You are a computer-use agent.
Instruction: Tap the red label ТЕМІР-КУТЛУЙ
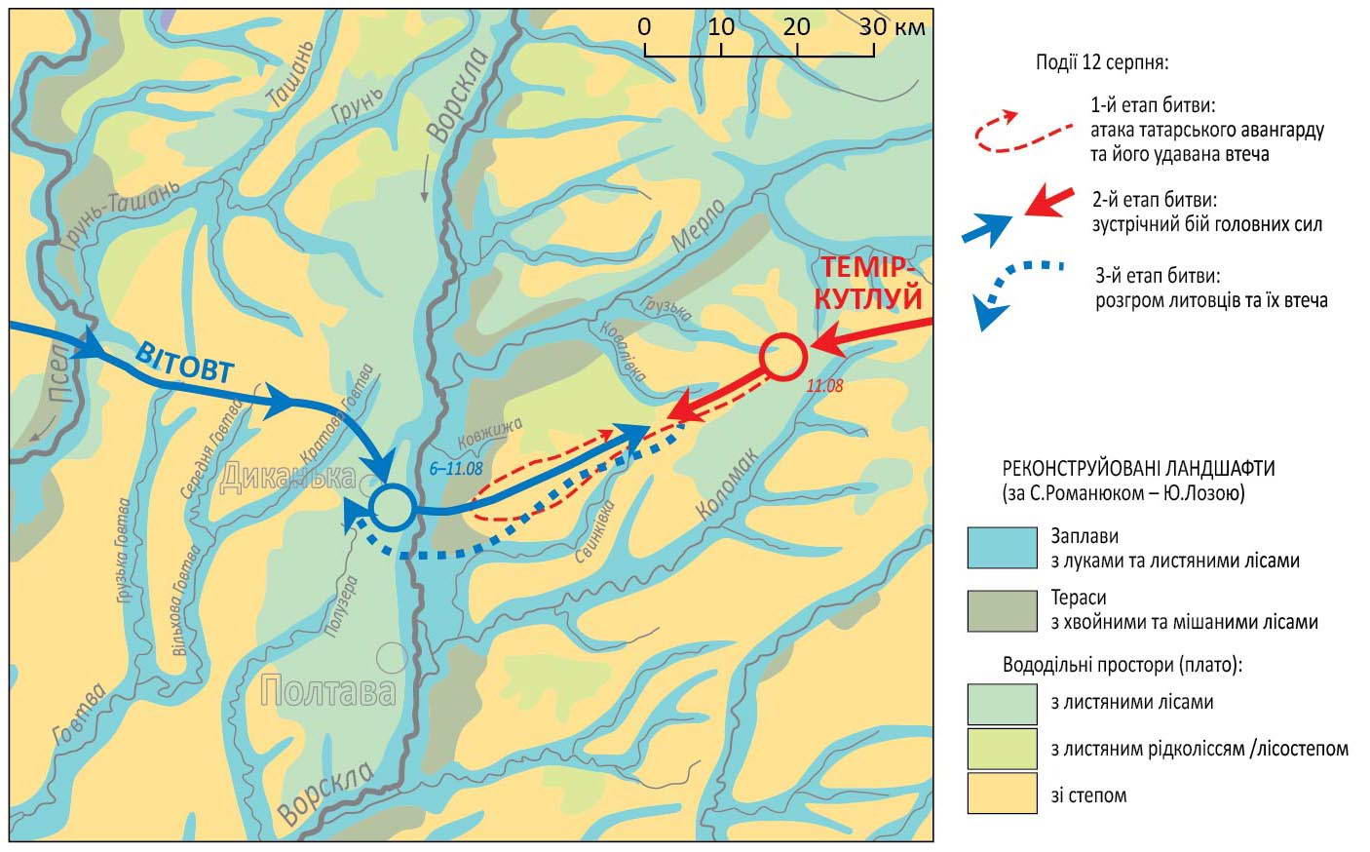(870, 281)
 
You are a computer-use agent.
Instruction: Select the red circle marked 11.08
(782, 357)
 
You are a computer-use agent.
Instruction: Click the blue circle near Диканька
(392, 506)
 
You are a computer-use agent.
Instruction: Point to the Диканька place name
(286, 477)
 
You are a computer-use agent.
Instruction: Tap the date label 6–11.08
(456, 468)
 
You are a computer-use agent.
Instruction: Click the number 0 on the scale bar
(644, 26)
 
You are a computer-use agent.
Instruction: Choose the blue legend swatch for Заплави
(1002, 548)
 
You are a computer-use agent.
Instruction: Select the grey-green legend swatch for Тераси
(1002, 609)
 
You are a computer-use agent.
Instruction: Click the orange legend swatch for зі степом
(1002, 794)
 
